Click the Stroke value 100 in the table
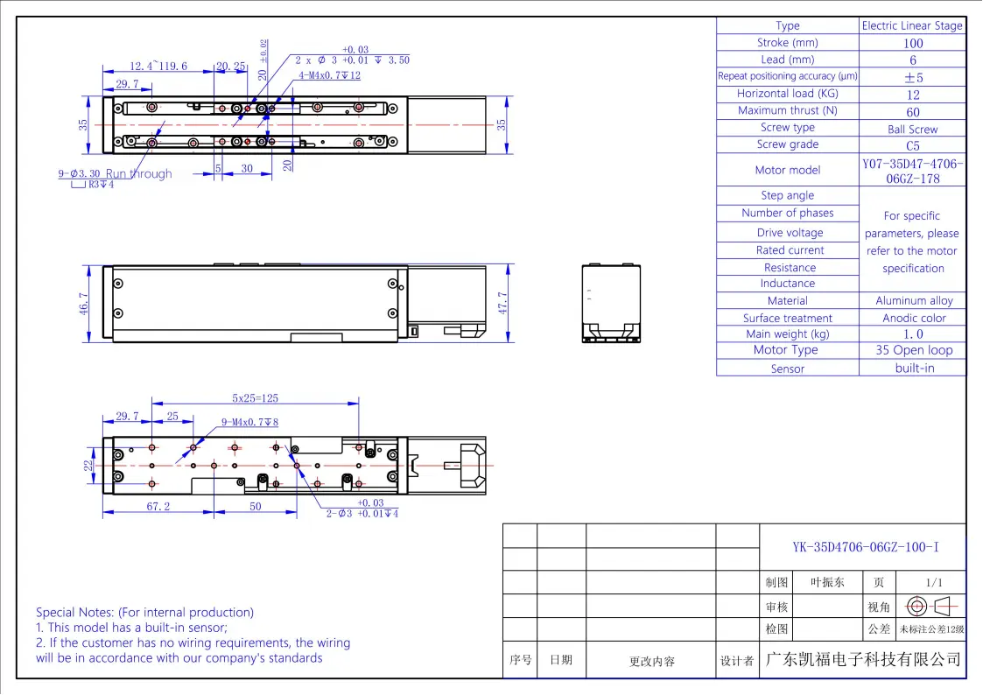point(913,43)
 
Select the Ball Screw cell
point(912,129)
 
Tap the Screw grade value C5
point(913,146)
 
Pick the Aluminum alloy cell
point(914,301)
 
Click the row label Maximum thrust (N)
point(788,110)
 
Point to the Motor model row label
point(788,170)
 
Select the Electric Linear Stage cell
point(912,25)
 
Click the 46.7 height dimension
point(84,304)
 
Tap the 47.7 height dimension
point(502,303)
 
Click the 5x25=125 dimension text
point(255,398)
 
